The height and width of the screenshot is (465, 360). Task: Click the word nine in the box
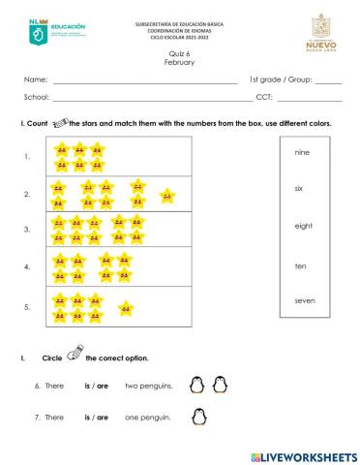300,152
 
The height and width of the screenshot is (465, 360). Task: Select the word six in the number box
299,188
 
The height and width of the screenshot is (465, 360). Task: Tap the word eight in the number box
303,226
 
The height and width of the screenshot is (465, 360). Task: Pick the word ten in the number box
300,264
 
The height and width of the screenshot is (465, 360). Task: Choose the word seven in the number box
304,300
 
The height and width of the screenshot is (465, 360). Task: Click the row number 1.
27,157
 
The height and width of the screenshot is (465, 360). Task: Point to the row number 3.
27,230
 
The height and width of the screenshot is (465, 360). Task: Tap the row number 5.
27,306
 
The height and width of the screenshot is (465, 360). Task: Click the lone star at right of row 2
166,195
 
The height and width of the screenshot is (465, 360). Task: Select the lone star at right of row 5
125,308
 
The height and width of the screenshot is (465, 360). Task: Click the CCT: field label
265,98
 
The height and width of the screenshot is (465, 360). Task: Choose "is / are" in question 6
96,386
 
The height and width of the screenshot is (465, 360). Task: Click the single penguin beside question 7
198,418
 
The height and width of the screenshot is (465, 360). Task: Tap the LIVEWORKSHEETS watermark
303,454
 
